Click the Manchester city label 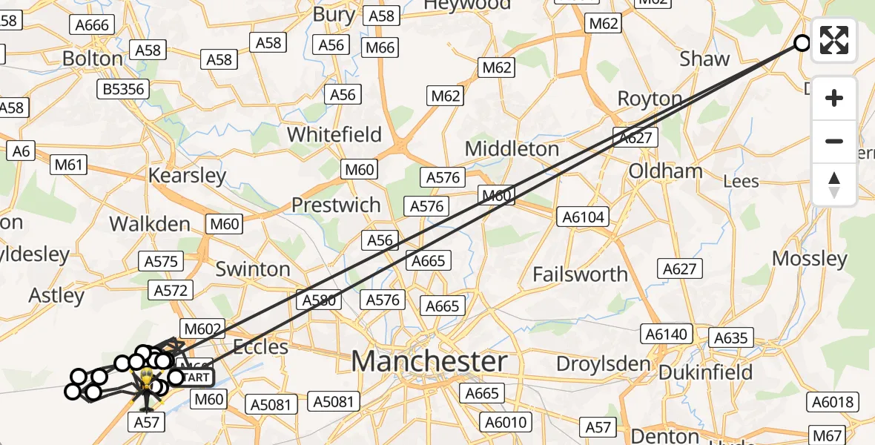429,362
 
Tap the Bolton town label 93,59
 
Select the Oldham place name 665,171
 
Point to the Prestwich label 336,205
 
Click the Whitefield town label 334,135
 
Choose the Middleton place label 512,149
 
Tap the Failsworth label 580,274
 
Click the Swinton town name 253,269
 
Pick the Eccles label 260,346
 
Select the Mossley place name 809,259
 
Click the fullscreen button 834,40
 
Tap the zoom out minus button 834,141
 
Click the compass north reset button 834,185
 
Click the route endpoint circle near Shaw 802,42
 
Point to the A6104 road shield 584,217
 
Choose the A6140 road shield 667,334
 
